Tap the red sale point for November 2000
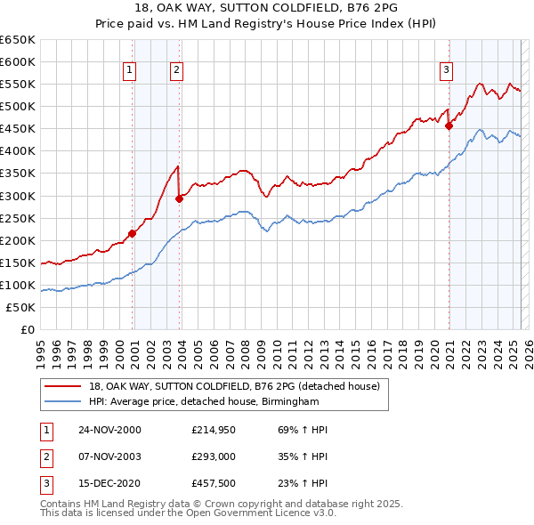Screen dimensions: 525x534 pos(132,233)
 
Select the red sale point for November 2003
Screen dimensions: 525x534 pos(179,198)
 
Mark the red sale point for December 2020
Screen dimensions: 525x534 pos(449,125)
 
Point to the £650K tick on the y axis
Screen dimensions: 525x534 pos(18,40)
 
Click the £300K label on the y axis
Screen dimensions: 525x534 pos(18,196)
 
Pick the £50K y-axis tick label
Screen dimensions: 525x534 pos(21,307)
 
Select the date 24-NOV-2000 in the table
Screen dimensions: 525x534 pos(109,430)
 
